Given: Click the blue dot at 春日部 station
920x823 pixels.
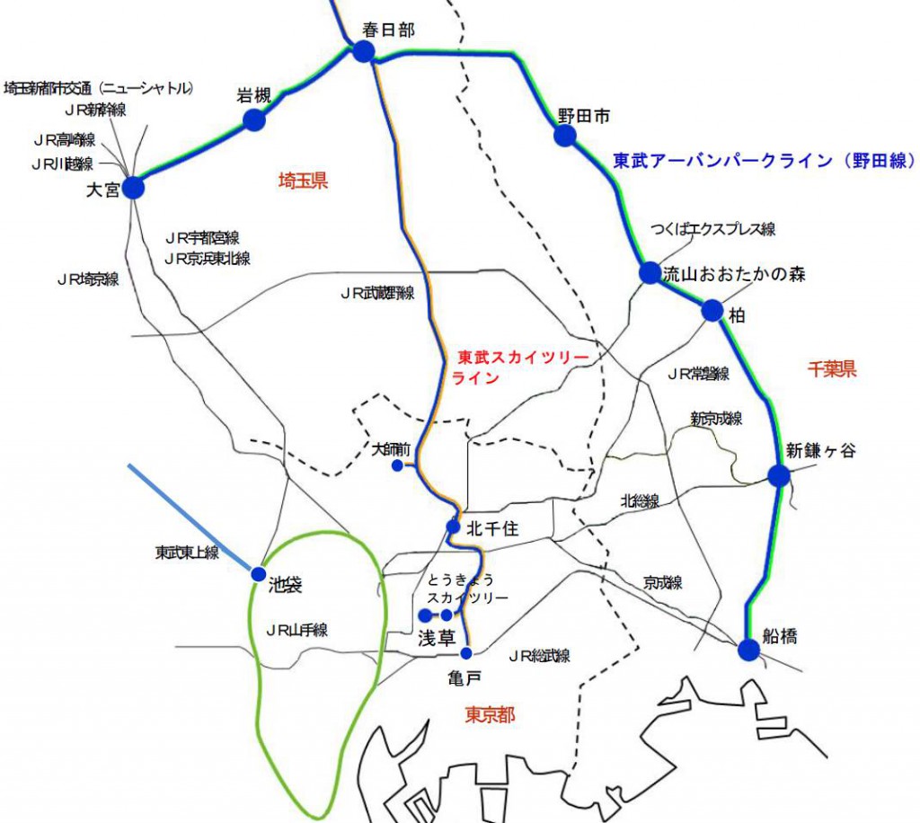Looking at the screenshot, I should [363, 51].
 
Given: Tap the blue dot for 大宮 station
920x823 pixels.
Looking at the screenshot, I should [133, 187].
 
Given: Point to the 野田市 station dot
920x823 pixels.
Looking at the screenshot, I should [564, 136].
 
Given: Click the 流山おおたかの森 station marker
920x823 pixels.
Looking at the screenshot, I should [650, 272].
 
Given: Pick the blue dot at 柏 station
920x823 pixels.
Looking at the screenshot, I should [712, 311].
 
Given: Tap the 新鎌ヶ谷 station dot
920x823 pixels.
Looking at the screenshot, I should [778, 476].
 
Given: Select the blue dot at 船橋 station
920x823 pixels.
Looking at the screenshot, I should [748, 650].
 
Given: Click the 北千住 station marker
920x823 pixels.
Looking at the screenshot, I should [453, 527].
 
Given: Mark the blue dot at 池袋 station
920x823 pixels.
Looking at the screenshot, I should [259, 573].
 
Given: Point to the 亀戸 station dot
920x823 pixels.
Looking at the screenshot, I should [465, 652].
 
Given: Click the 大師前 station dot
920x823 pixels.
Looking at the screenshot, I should [397, 465].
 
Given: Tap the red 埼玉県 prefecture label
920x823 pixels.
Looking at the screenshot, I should [303, 181].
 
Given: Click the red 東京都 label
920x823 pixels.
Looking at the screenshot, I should [490, 715].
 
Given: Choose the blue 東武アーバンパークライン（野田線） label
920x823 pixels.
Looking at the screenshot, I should [764, 161].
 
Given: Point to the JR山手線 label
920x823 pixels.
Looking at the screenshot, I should [296, 630].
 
